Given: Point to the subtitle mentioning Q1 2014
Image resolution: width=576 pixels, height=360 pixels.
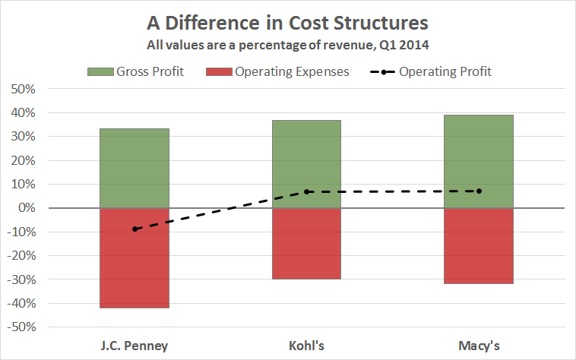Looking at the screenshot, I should [x=287, y=44].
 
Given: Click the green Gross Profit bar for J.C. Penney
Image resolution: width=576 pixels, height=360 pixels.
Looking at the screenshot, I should [x=135, y=168].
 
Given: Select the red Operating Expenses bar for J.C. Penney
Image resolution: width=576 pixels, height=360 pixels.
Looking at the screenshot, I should [x=135, y=257].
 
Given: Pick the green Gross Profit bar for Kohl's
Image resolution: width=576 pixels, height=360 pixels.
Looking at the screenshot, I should [x=307, y=164].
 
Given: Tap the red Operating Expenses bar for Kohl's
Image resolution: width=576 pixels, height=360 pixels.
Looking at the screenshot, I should [x=307, y=243].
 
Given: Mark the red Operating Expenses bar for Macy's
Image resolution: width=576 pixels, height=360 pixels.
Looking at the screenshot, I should [x=479, y=245].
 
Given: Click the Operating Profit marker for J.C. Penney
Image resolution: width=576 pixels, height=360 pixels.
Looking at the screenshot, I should [x=135, y=229].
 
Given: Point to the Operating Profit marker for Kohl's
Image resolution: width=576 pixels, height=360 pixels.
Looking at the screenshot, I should [x=307, y=191].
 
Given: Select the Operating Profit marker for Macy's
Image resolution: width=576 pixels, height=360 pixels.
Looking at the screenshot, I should [x=479, y=191].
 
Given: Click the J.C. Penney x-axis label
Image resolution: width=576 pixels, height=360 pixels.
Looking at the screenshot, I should [x=135, y=346].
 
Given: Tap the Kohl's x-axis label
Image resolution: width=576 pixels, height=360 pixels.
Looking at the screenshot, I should [x=307, y=346].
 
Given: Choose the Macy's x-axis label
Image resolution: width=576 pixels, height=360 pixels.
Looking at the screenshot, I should [x=479, y=346].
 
